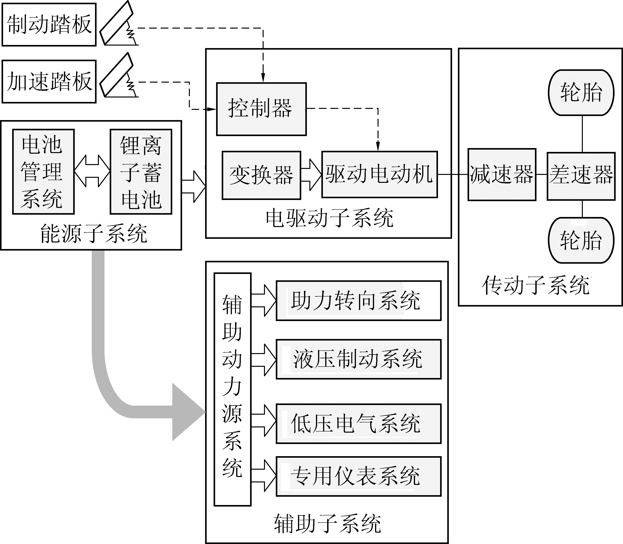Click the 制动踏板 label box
[x=49, y=25]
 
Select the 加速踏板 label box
[x=49, y=81]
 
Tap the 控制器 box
[x=261, y=109]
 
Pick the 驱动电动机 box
[x=379, y=174]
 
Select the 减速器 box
[x=502, y=175]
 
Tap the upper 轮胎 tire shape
[x=581, y=93]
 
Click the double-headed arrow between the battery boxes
[x=92, y=171]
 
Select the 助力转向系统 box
[x=358, y=301]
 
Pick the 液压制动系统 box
[x=358, y=359]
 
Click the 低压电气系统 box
[x=358, y=424]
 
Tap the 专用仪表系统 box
[x=358, y=476]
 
